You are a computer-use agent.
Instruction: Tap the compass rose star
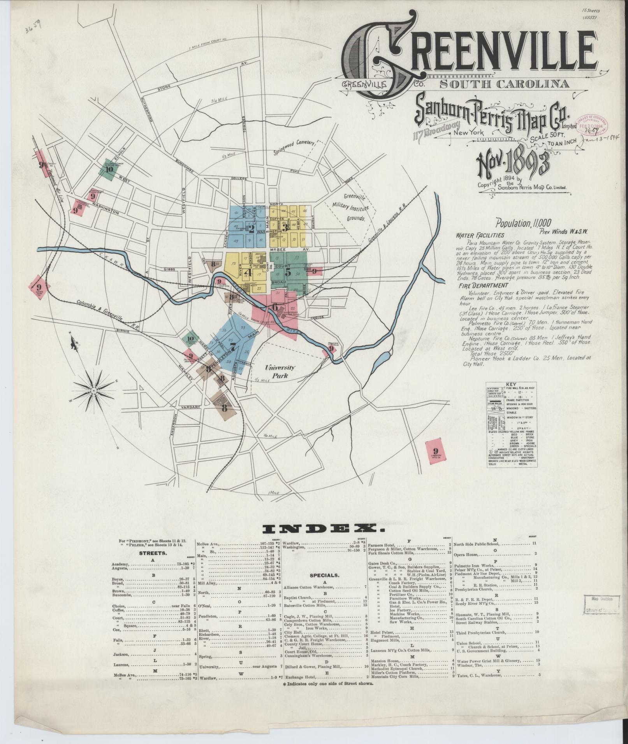(94, 389)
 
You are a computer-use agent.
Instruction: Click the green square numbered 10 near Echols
(109, 169)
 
